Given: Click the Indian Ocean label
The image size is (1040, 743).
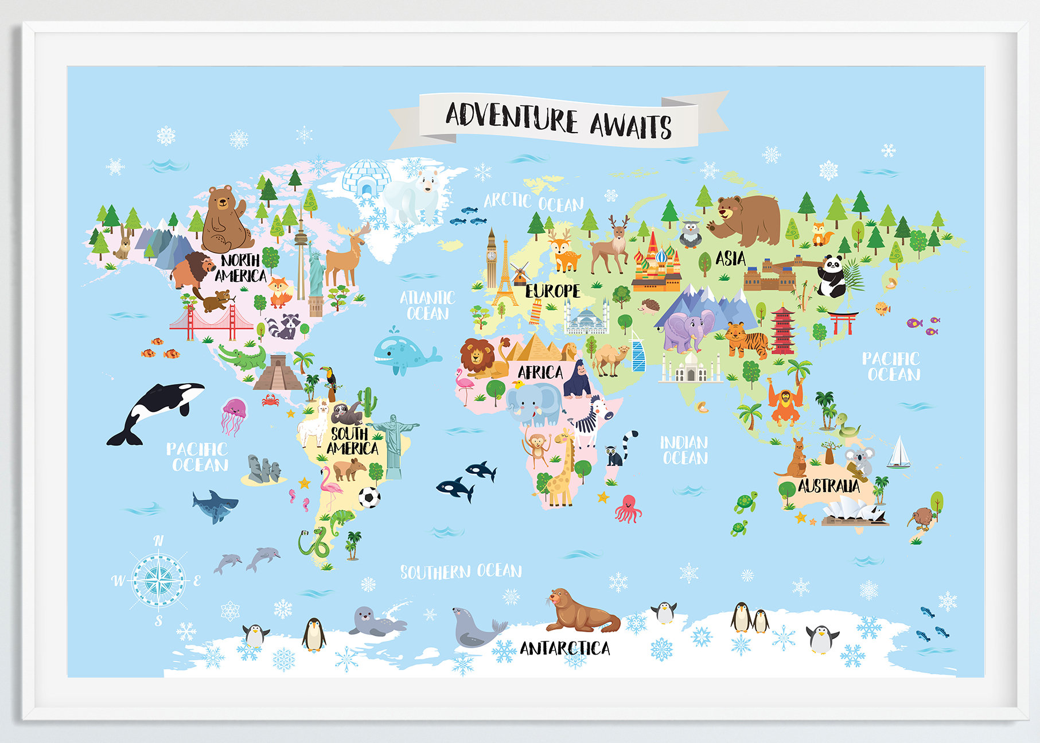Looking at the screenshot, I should [684, 450].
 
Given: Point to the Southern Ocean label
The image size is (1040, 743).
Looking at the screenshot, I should [461, 571].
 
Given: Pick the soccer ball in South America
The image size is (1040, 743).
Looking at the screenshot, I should [369, 497].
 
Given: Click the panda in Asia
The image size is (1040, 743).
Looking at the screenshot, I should [832, 276].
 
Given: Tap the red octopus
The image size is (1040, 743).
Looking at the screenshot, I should [628, 508].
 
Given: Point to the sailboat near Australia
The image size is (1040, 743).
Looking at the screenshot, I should [898, 453].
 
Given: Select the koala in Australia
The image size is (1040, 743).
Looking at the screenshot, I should [859, 462].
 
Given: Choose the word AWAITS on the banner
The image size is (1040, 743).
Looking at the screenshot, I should [631, 125].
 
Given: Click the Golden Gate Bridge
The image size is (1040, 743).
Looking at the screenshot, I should [211, 323].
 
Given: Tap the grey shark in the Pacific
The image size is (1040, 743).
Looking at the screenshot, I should [215, 505].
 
